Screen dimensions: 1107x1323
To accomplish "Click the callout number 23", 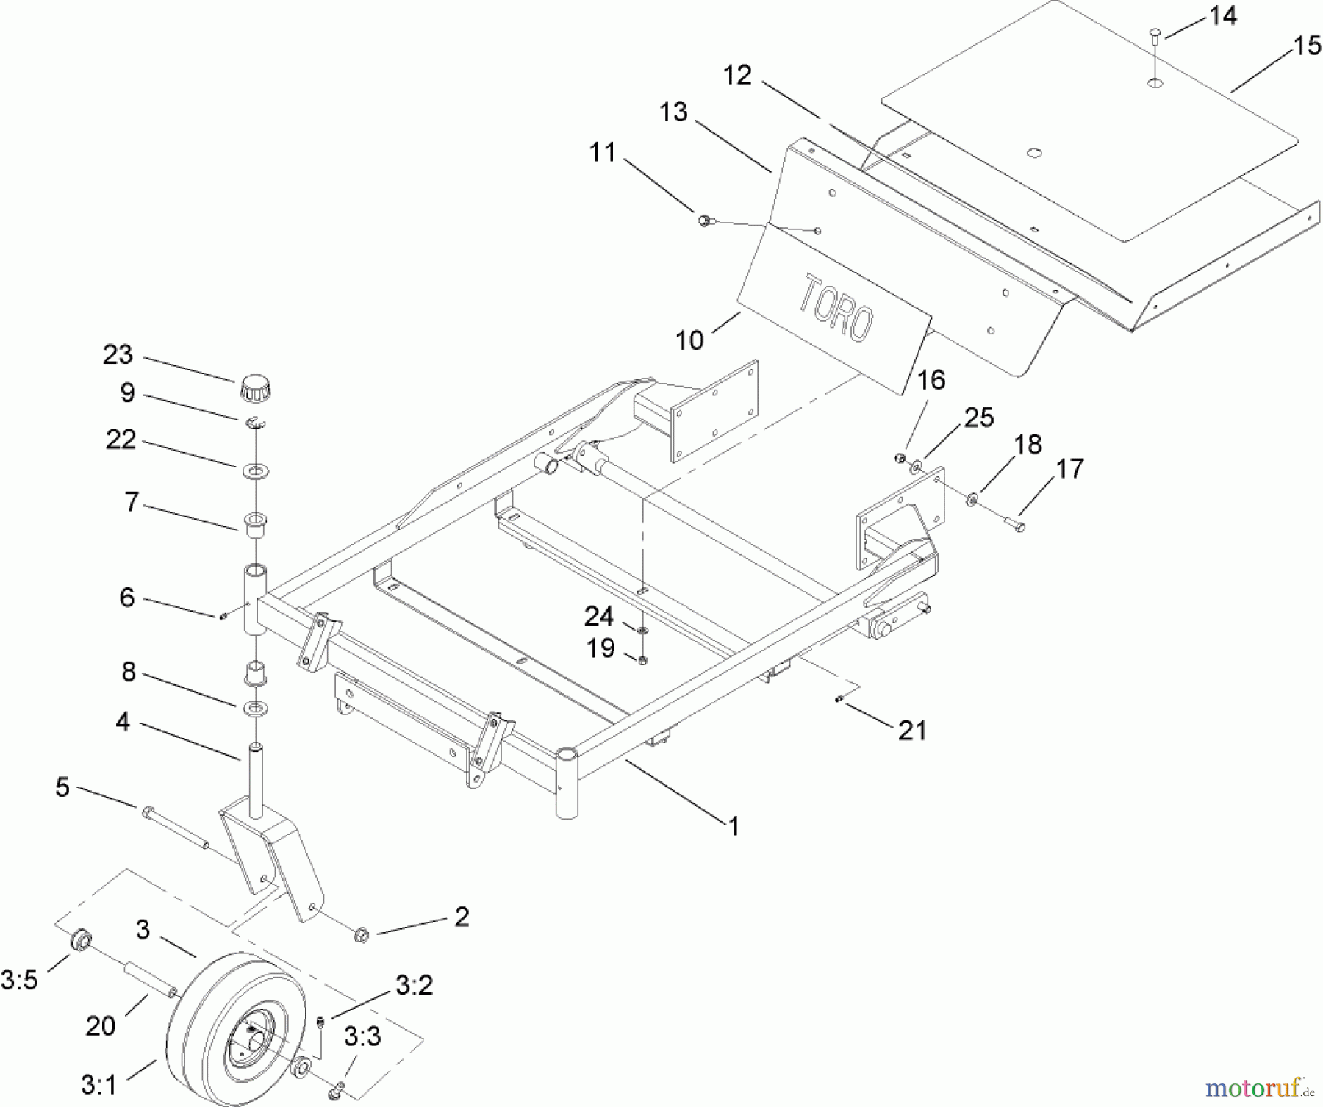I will coord(118,355).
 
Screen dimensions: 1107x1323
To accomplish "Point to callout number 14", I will coord(1223,15).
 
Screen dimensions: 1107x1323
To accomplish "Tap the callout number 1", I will coord(733,827).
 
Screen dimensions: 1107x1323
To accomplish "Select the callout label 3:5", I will coord(19,979).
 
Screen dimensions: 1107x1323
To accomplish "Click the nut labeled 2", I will coord(361,935).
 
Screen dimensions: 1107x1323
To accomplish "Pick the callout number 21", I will coord(912,730).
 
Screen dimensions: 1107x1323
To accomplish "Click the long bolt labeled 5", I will coord(176,828).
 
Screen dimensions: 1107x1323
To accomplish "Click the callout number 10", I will coord(689,340).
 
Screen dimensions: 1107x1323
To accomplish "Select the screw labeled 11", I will coord(704,219).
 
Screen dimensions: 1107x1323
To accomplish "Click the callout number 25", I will coord(979,418).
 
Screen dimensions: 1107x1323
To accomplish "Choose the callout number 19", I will coord(600,648).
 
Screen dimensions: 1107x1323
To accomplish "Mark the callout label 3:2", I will coord(415,986).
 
